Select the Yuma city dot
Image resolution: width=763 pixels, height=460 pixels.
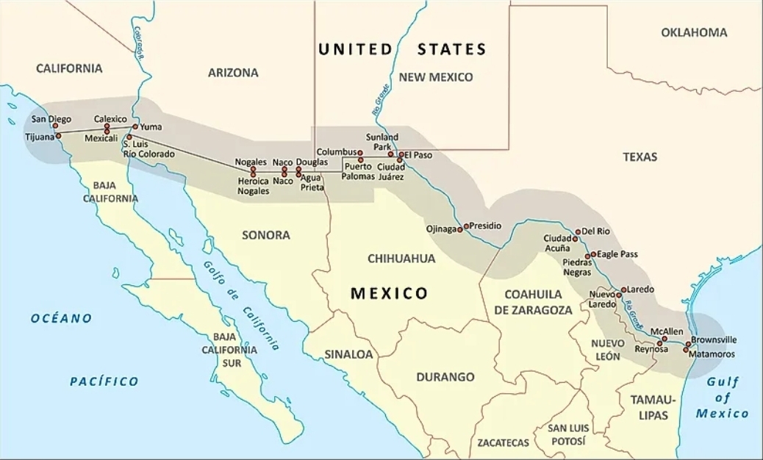click(x=135, y=126)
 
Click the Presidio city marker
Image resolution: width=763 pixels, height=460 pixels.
click(x=466, y=226)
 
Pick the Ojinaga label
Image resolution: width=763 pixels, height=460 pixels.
click(x=441, y=229)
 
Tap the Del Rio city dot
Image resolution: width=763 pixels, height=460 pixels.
click(x=578, y=231)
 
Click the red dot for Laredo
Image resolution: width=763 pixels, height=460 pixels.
click(x=624, y=290)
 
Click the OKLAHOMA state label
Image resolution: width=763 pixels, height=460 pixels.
click(x=694, y=32)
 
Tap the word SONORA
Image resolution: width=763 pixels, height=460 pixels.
click(x=265, y=235)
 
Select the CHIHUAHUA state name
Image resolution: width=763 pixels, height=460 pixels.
click(x=401, y=259)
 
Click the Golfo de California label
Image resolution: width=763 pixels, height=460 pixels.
click(x=242, y=306)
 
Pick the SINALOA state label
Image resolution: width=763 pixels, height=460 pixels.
click(x=348, y=354)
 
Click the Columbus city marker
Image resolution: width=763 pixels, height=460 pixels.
click(x=360, y=153)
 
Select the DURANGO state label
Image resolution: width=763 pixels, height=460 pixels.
click(x=445, y=377)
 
